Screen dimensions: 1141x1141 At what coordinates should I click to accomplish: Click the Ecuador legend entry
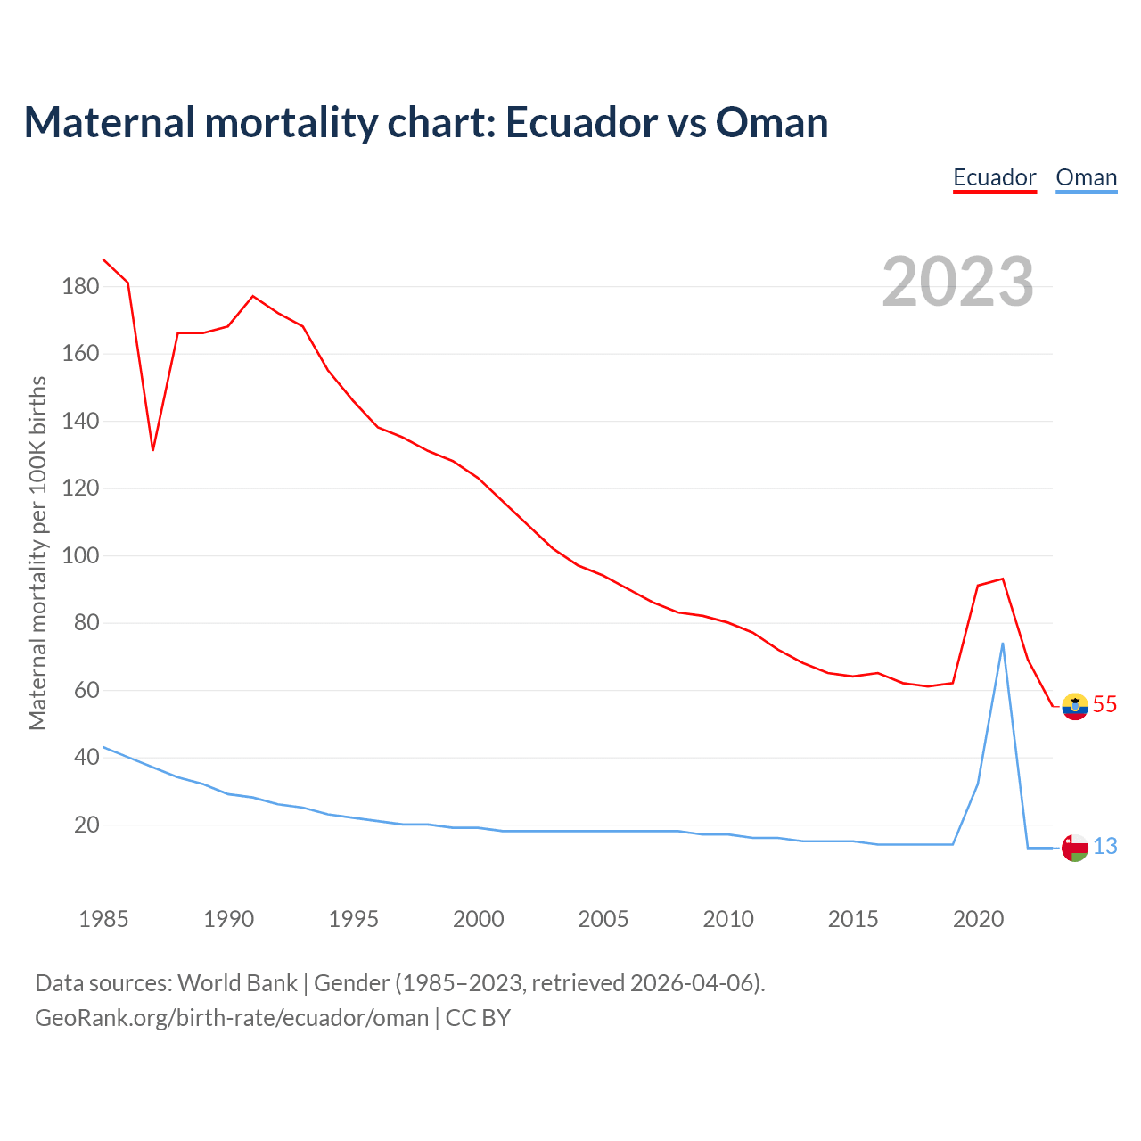[x=994, y=177]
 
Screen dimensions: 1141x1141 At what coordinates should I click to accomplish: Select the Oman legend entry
[x=1086, y=177]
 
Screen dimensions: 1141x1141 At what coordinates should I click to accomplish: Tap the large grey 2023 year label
[x=957, y=282]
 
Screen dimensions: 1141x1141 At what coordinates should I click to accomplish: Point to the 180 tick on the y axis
[x=80, y=286]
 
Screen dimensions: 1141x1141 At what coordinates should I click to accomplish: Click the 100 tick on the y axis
[x=80, y=555]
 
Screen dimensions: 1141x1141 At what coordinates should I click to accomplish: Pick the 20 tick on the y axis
[x=86, y=825]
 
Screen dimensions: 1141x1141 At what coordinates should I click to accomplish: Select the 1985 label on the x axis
[x=103, y=919]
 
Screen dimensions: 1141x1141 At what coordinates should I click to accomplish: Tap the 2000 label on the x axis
[x=478, y=919]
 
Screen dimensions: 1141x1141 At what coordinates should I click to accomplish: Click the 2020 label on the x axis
[x=978, y=919]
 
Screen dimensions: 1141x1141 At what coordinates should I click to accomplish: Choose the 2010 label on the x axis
[x=728, y=919]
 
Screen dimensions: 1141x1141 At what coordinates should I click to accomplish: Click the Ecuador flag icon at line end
[x=1075, y=706]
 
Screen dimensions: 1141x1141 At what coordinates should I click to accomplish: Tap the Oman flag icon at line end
[x=1075, y=848]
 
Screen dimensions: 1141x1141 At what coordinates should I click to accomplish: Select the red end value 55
[x=1104, y=705]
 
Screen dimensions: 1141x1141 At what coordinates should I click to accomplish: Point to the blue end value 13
[x=1104, y=847]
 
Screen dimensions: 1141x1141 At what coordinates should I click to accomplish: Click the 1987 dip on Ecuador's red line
[x=153, y=449]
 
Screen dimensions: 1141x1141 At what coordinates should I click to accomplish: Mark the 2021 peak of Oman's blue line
[x=1003, y=644]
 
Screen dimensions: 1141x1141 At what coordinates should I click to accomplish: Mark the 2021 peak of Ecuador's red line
[x=1003, y=579]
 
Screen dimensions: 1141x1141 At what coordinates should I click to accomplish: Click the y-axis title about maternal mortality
[x=37, y=553]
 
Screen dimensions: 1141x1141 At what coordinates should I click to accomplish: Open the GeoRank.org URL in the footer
[x=232, y=1018]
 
